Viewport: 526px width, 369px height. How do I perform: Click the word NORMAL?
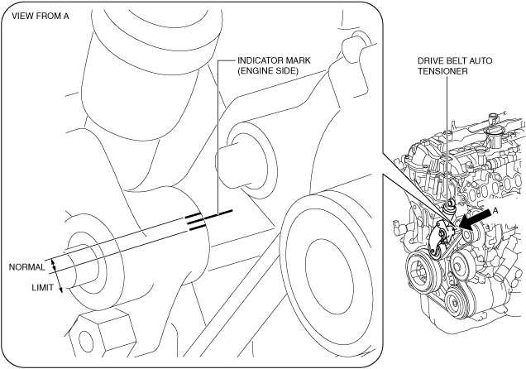pyautogui.click(x=26, y=267)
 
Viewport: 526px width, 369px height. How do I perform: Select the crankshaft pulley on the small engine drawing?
pyautogui.click(x=423, y=274)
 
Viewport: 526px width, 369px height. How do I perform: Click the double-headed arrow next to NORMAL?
pyautogui.click(x=54, y=265)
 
